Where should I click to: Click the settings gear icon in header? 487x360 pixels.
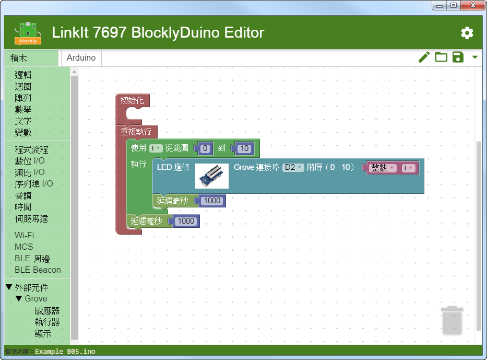click(x=467, y=33)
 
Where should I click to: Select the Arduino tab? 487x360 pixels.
click(x=81, y=58)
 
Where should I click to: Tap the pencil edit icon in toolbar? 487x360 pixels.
click(x=424, y=57)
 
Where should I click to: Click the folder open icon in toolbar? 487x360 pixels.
click(x=441, y=57)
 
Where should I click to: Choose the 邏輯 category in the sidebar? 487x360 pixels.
click(x=23, y=75)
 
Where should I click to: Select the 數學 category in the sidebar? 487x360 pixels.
click(x=23, y=109)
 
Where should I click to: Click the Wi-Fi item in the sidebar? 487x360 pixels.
click(x=24, y=236)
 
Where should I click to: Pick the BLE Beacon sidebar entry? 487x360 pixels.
click(x=38, y=270)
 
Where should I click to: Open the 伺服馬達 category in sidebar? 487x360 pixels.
click(x=31, y=218)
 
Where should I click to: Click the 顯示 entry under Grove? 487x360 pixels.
click(x=43, y=333)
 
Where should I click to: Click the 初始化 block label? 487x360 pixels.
click(x=132, y=100)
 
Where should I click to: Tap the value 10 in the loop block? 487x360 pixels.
click(x=244, y=148)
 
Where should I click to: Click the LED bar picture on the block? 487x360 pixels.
click(x=212, y=176)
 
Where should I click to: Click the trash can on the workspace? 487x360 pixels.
click(x=452, y=320)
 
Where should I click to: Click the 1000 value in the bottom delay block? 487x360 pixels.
click(x=185, y=222)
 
